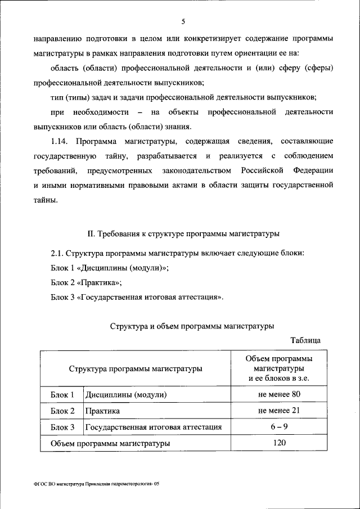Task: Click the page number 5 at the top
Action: click(x=183, y=22)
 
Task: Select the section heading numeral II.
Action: click(x=93, y=233)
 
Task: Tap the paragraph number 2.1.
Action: click(x=58, y=253)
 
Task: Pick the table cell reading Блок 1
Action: click(x=62, y=395)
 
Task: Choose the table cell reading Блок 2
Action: click(x=62, y=411)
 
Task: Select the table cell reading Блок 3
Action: click(x=62, y=427)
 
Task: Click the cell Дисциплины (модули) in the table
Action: click(x=126, y=395)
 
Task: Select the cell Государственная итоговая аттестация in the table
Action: click(x=153, y=427)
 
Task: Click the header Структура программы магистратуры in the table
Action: click(x=136, y=369)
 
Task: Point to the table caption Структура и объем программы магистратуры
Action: click(x=192, y=326)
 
